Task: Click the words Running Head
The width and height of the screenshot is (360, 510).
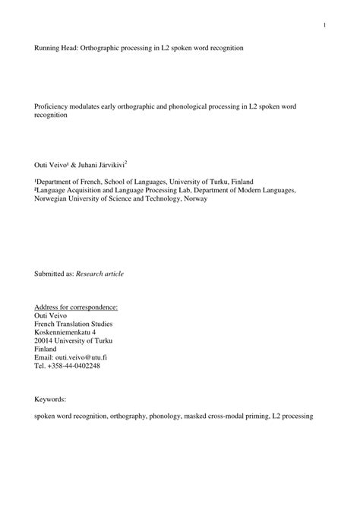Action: [x=52, y=47]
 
